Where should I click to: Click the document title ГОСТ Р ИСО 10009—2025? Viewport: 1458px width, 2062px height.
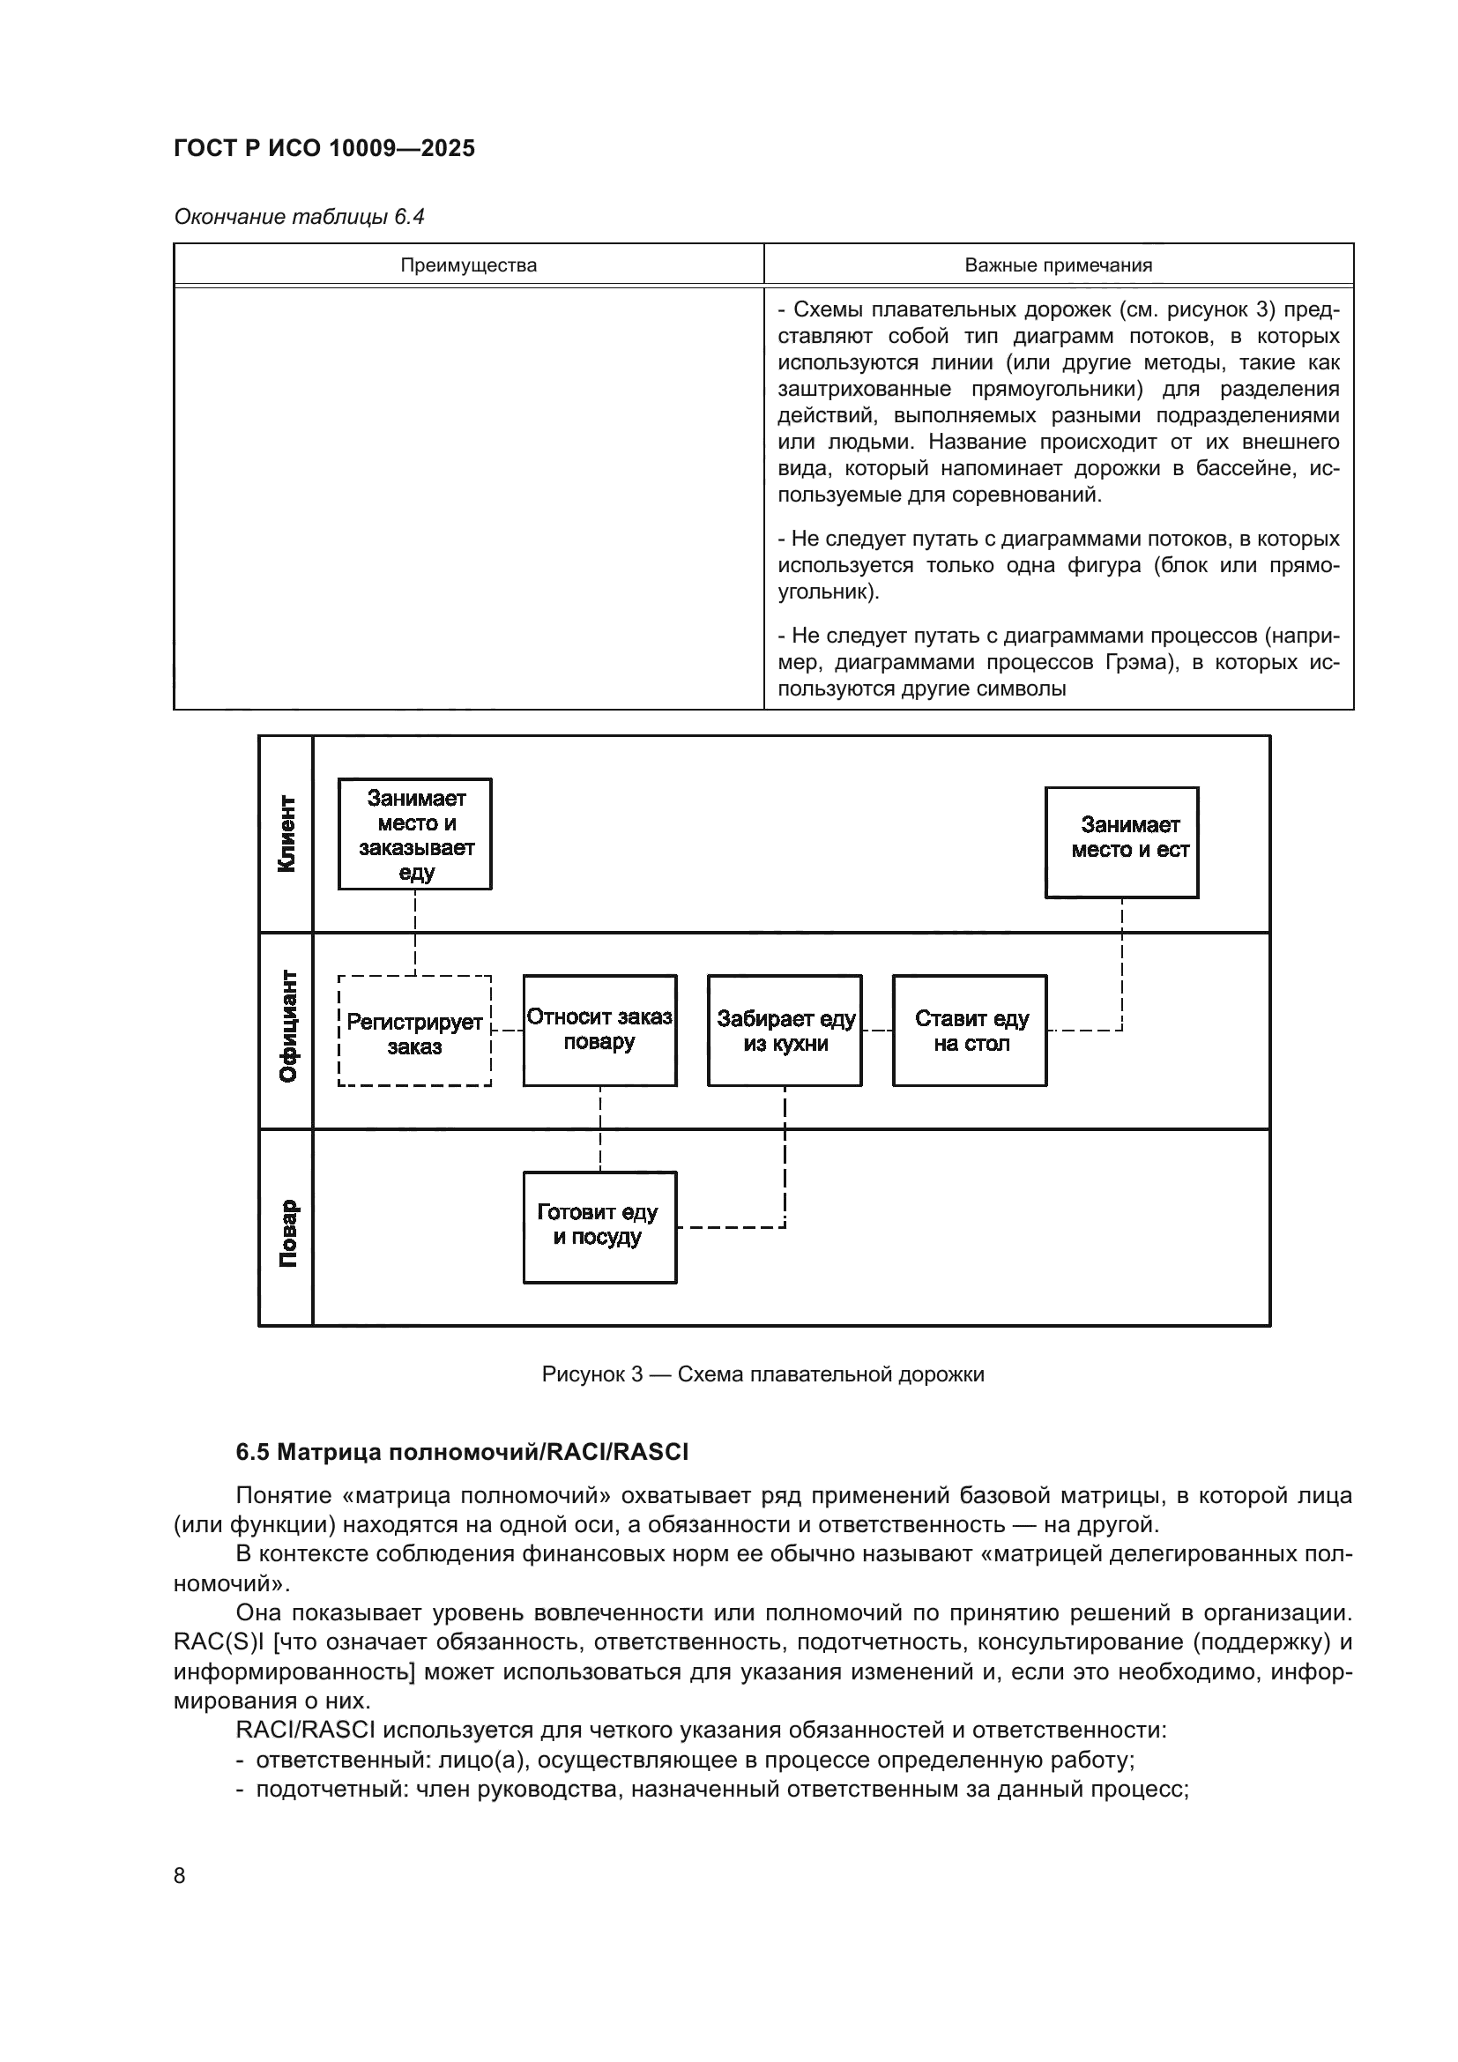click(324, 148)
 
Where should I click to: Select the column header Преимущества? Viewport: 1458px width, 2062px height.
click(468, 265)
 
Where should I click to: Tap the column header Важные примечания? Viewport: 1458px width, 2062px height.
click(1058, 265)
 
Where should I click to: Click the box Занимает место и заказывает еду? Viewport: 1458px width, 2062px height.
click(415, 834)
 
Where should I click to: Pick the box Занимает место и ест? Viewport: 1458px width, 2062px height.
click(1121, 843)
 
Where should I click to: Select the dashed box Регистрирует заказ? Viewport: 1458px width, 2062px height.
click(415, 1031)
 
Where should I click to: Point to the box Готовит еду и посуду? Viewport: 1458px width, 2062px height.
click(599, 1228)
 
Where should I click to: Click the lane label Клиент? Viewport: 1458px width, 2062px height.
click(286, 833)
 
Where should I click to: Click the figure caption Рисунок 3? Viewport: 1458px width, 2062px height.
click(762, 1374)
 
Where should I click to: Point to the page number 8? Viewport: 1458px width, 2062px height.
click(180, 1875)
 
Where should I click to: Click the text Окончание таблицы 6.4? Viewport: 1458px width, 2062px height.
click(299, 217)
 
